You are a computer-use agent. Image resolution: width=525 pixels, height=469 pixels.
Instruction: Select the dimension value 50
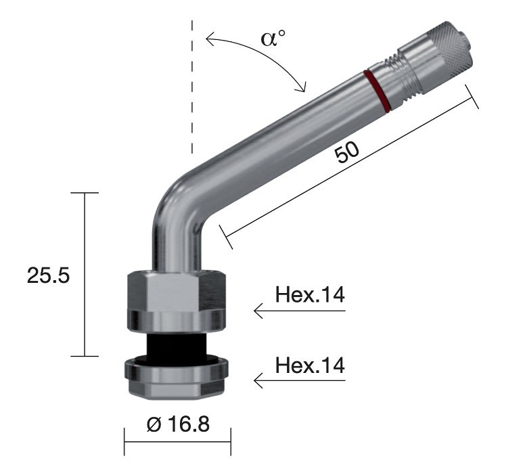coord(347,153)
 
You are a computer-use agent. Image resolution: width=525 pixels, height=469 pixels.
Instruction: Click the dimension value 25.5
coord(48,275)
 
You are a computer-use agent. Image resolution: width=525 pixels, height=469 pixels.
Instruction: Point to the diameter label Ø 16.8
coord(178,425)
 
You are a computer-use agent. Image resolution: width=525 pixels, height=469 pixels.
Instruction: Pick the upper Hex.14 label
coord(311,295)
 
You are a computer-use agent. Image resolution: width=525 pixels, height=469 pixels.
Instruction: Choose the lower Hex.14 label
coord(311,365)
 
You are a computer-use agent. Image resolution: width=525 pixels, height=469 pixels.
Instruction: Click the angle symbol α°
coord(273,37)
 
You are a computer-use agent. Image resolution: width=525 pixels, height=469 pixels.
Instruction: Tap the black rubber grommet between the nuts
coord(176,349)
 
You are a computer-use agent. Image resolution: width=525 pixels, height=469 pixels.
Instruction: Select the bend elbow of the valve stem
coord(177,203)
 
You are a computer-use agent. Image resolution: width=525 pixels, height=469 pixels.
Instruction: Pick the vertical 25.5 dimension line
coord(85,275)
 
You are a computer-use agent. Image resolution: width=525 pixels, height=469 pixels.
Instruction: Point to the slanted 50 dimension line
coord(348,169)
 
